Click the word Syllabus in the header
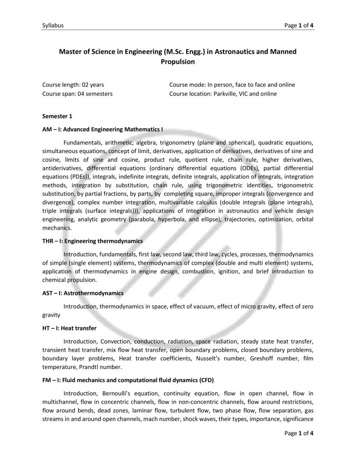click(53, 26)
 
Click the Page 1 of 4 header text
click(299, 26)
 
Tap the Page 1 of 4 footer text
click(299, 433)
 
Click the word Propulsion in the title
click(177, 61)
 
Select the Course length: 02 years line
click(73, 85)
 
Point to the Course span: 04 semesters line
click(77, 94)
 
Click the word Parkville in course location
click(224, 94)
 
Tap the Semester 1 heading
click(57, 116)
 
